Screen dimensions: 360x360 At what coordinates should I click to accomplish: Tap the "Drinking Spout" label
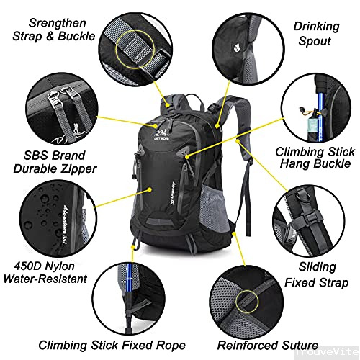point(315,34)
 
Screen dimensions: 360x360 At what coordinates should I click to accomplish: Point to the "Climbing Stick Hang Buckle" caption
point(315,160)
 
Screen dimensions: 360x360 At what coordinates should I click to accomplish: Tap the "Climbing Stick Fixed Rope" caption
point(111,345)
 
